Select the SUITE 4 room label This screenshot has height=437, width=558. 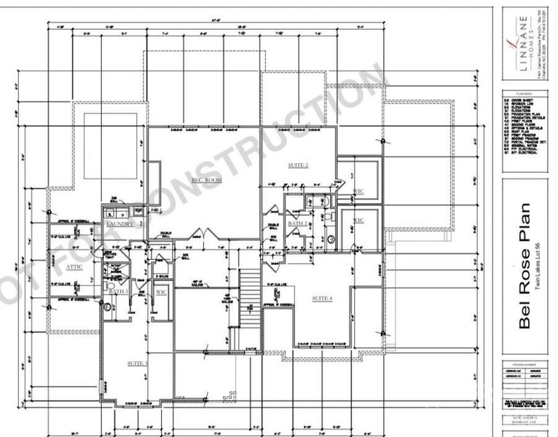coord(322,299)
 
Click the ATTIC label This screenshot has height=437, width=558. coord(75,267)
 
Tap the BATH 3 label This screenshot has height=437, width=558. coord(119,291)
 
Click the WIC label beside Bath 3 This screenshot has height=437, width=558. coord(160,292)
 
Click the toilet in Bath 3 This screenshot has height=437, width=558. coord(109,307)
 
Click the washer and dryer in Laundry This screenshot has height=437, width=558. coord(121,212)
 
